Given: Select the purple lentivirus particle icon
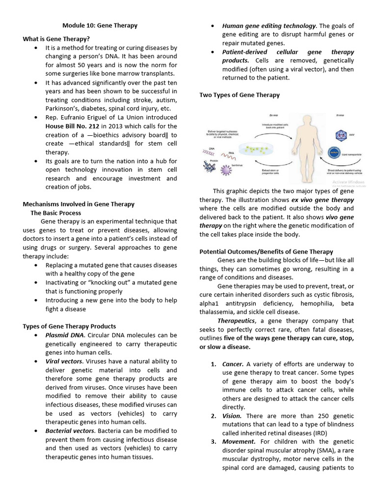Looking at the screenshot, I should coord(227,171).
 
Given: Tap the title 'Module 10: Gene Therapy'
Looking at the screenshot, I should coord(101,25).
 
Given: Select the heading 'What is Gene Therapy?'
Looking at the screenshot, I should coord(56,39).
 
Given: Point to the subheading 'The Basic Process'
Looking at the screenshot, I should coord(55,213).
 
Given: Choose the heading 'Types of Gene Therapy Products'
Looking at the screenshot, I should coord(69,326).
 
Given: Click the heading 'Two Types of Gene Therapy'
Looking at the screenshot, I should coord(240,95).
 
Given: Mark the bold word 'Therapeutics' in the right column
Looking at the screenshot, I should coord(236,321).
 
